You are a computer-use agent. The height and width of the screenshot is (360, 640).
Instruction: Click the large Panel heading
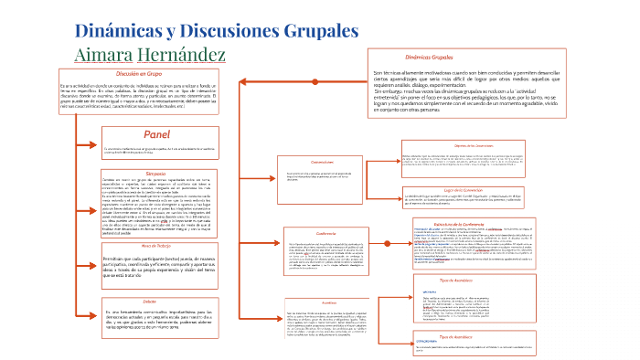[150, 134]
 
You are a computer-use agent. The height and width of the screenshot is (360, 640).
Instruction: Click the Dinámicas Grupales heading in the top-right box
[429, 56]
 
